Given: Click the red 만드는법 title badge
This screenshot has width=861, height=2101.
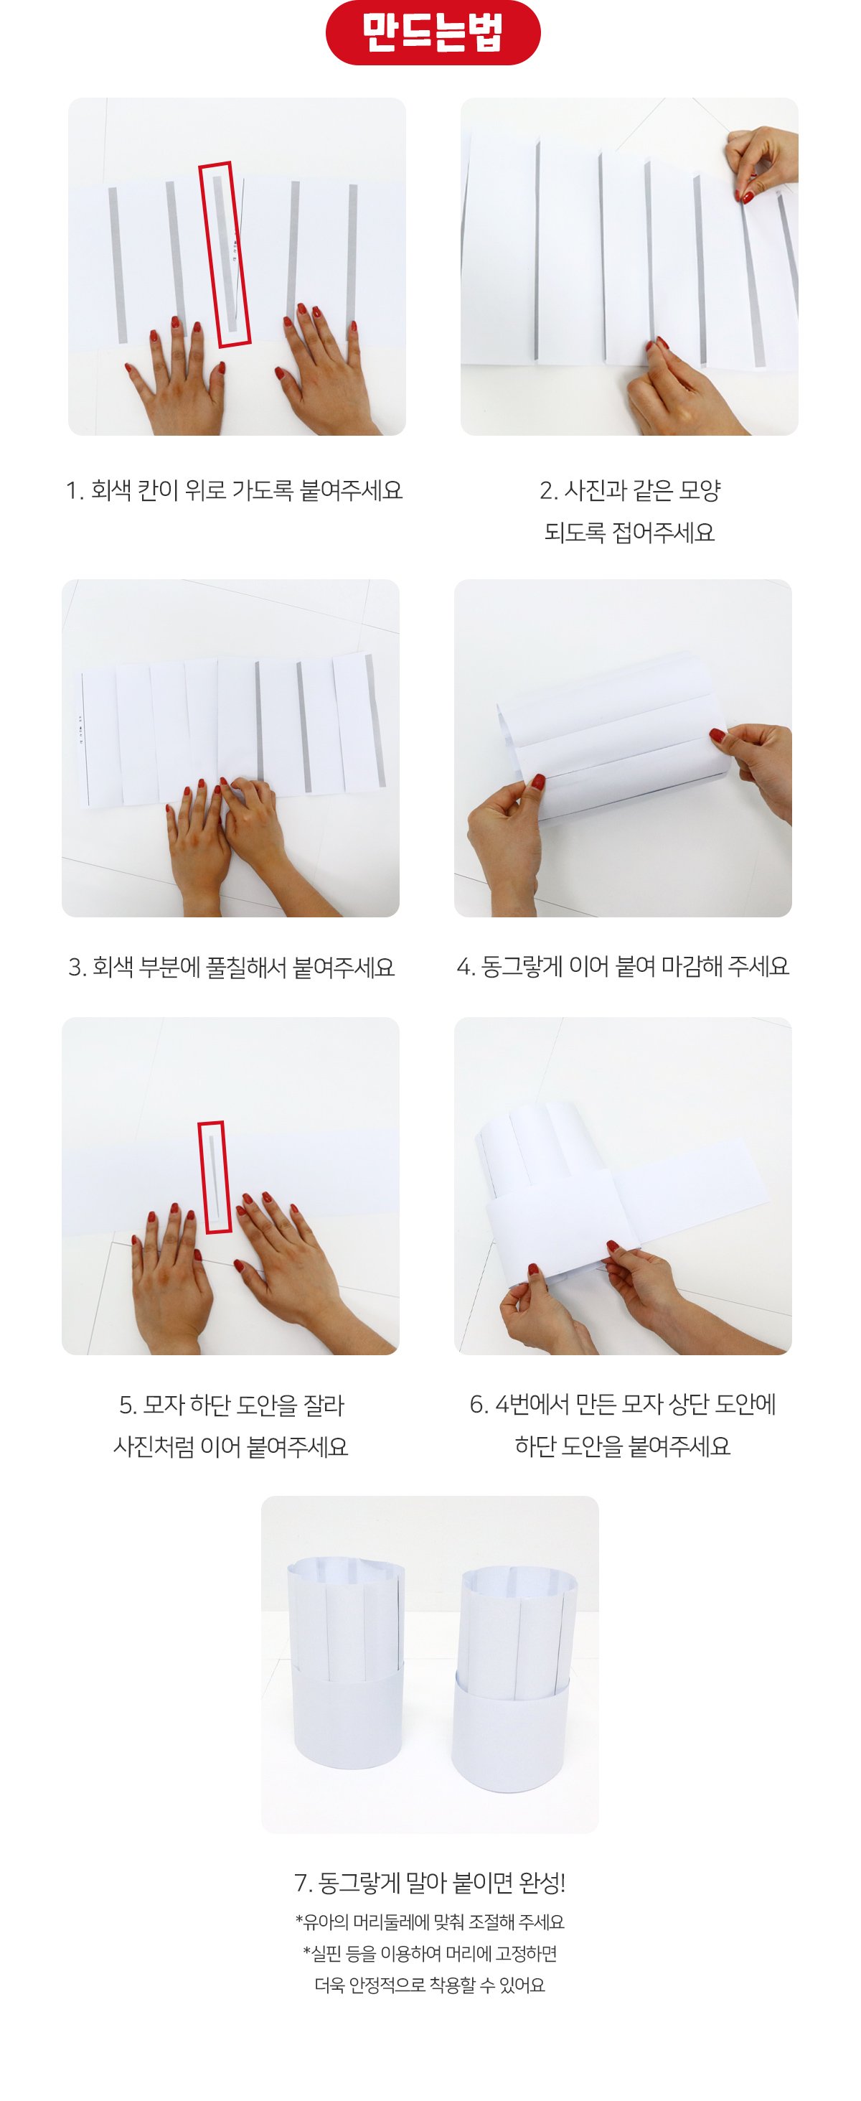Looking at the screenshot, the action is [432, 32].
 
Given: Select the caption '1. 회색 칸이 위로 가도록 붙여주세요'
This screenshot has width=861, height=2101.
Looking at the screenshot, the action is [234, 490].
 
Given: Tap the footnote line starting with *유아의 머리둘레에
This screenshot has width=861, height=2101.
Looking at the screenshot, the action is [430, 1922].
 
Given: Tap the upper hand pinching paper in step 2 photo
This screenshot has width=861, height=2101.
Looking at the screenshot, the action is [762, 163].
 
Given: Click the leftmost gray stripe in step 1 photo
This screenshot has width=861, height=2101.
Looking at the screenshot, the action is [118, 265].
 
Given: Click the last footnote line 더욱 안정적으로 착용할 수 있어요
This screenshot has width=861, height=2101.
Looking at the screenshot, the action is [430, 1985].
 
